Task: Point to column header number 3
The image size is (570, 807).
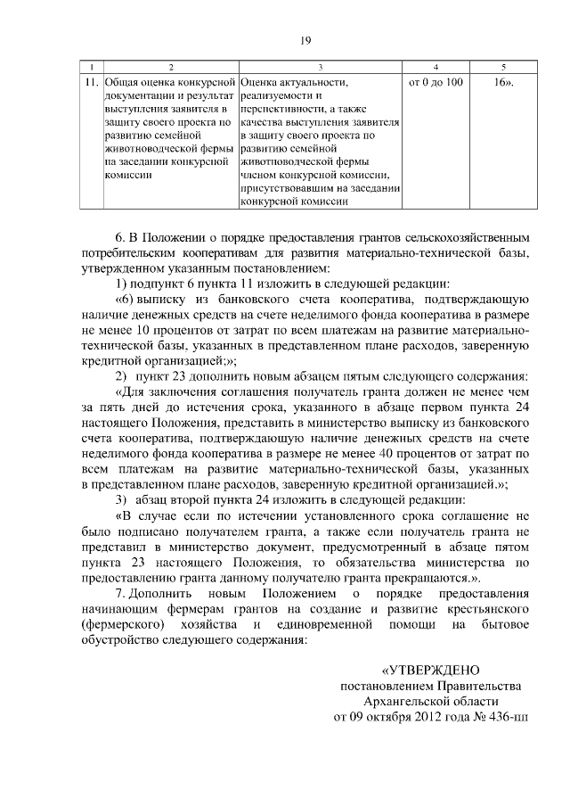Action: click(x=320, y=69)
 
